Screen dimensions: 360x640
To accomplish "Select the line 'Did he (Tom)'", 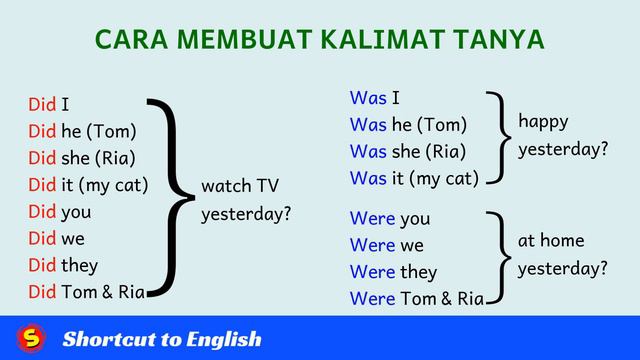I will click(x=82, y=131).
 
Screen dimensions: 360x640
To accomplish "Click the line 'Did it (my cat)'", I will click(x=88, y=185).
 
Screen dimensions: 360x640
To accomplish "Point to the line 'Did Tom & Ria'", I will click(x=87, y=292).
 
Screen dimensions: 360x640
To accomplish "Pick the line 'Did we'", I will click(x=57, y=239).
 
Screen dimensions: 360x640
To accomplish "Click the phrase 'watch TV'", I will click(x=240, y=187).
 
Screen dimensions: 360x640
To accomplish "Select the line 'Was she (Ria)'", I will click(x=408, y=152).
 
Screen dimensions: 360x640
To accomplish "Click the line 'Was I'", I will click(x=375, y=98).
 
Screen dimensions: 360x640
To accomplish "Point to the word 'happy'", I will click(x=543, y=122).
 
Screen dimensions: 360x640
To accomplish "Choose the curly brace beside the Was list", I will click(x=495, y=137).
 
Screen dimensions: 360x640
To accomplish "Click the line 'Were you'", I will click(x=390, y=218).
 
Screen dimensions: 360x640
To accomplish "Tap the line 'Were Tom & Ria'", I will click(x=417, y=299).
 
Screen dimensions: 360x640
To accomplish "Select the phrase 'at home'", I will click(x=550, y=241).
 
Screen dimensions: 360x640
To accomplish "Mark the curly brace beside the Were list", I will click(x=495, y=258).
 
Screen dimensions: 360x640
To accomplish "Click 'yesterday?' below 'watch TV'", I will click(x=246, y=214).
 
